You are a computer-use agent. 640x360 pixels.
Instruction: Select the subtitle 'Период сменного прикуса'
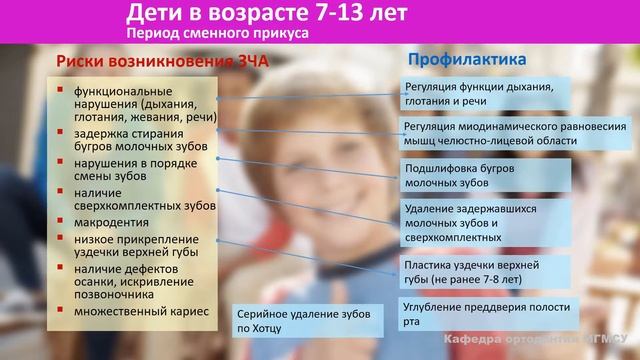[217, 33]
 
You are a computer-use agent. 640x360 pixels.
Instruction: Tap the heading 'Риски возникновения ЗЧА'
[159, 63]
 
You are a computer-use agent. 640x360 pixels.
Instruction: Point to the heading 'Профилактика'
[467, 60]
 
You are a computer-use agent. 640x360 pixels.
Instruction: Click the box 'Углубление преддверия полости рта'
[484, 312]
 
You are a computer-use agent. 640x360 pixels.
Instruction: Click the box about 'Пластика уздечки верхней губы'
[484, 271]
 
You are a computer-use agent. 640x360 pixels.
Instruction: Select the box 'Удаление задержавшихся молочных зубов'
[484, 223]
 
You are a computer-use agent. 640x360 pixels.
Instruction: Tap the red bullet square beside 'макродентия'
[61, 222]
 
